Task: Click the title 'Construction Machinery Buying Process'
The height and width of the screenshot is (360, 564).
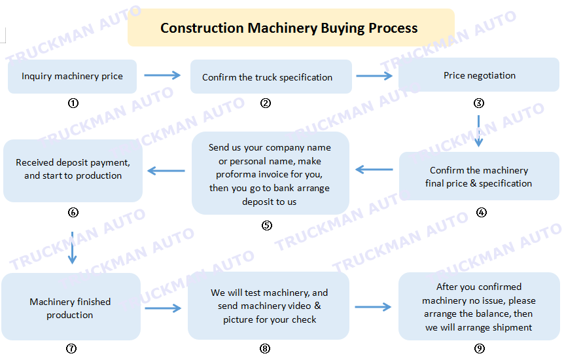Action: click(289, 28)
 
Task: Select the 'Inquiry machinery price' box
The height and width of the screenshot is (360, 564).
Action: click(72, 77)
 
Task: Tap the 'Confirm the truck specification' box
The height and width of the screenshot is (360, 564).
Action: click(271, 77)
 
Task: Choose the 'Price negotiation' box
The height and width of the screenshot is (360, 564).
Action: click(479, 75)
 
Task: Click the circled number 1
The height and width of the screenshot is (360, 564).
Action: click(73, 103)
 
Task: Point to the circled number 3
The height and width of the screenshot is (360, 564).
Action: click(478, 103)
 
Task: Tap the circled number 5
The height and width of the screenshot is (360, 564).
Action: click(266, 225)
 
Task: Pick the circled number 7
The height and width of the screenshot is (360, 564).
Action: click(71, 348)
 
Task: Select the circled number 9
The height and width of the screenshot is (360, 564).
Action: click(479, 348)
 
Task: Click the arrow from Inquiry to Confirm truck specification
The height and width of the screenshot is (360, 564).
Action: click(162, 75)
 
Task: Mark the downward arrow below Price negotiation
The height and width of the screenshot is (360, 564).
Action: click(478, 131)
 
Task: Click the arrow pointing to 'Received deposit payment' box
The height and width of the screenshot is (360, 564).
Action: click(166, 171)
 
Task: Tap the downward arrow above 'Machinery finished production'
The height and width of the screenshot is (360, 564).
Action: click(72, 248)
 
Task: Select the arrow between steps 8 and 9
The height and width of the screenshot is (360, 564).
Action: click(373, 307)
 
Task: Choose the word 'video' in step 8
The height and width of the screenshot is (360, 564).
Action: click(299, 306)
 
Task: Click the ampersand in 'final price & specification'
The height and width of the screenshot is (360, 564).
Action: click(473, 183)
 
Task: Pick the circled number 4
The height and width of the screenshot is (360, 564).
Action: click(482, 212)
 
